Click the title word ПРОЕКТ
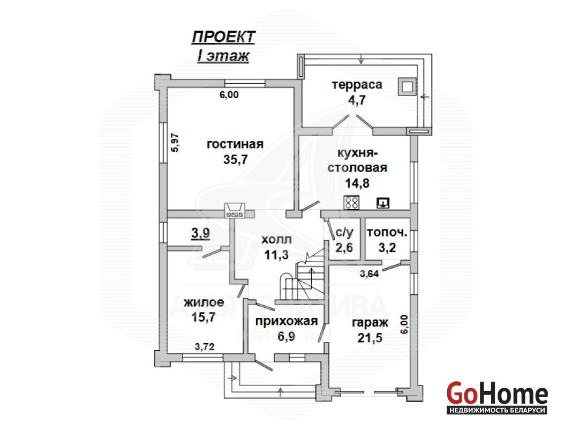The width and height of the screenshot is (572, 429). tap(223, 37)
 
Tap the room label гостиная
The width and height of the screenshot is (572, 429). tap(235, 144)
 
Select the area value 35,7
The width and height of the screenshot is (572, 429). tap(235, 160)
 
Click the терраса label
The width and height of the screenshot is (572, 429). tap(357, 84)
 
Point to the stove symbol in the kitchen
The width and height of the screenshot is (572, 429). tap(352, 202)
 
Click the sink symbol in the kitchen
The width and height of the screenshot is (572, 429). tap(382, 203)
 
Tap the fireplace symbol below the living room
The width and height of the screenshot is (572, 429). tap(235, 210)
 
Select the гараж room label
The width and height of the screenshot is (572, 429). tap(370, 322)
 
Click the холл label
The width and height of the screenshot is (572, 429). tap(276, 239)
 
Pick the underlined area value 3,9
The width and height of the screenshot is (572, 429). tap(200, 233)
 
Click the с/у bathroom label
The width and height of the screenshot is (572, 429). tap(344, 232)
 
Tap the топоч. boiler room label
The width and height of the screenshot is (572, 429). tap(387, 232)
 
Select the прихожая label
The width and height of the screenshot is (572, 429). tap(287, 321)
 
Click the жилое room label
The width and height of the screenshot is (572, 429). tap(204, 302)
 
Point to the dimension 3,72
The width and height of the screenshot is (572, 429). tap(204, 346)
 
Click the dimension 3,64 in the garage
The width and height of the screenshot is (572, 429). tap(369, 273)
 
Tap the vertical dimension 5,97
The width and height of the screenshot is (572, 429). tap(175, 143)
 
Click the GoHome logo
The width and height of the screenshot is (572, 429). tap(497, 397)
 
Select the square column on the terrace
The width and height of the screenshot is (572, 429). tap(407, 87)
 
